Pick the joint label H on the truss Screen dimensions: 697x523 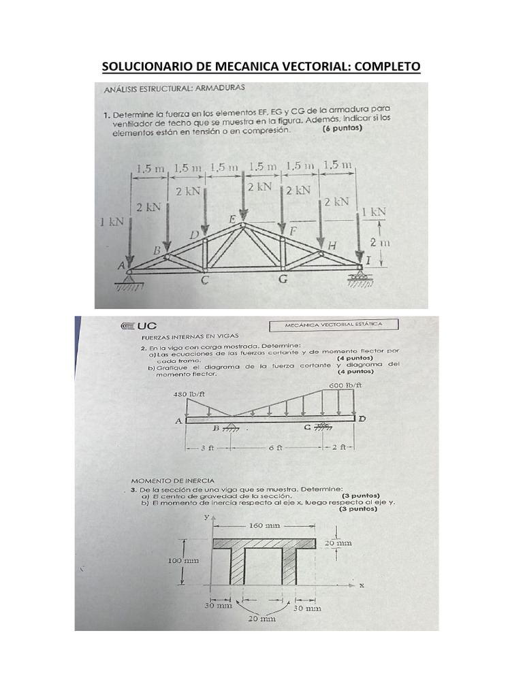click(x=332, y=244)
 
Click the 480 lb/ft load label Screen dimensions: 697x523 click(x=190, y=394)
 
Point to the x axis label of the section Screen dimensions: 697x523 click(x=362, y=585)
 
